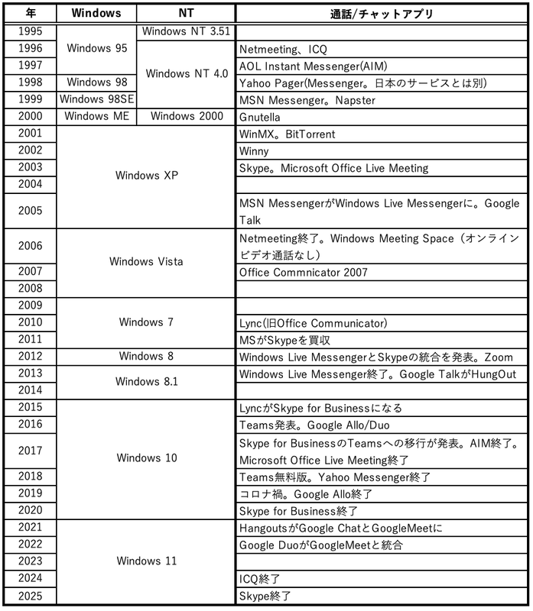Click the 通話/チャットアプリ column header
pyautogui.click(x=380, y=13)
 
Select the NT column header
pyautogui.click(x=185, y=13)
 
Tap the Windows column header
pyautogui.click(x=96, y=13)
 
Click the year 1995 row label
pyautogui.click(x=29, y=31)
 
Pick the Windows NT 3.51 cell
pyautogui.click(x=185, y=31)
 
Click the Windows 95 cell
pyautogui.click(x=96, y=48)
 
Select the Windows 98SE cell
pyautogui.click(x=96, y=99)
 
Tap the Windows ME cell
pyautogui.click(x=96, y=116)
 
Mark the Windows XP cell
pyautogui.click(x=145, y=176)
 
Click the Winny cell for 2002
pyautogui.click(x=254, y=150)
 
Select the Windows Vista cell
pyautogui.click(x=145, y=262)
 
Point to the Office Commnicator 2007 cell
pyautogui.click(x=303, y=272)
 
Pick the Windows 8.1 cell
pyautogui.click(x=145, y=381)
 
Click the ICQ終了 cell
pyautogui.click(x=258, y=579)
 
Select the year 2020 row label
pyautogui.click(x=29, y=510)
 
